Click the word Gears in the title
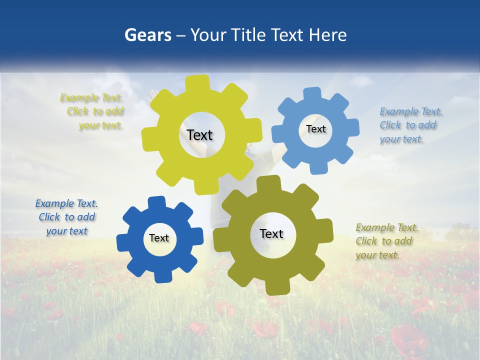coord(147,35)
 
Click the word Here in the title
coord(327,35)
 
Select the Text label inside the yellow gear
coord(199,135)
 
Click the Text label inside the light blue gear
coord(315,129)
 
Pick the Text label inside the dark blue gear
coord(159,238)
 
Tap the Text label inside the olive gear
coord(271,233)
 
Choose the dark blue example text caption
coord(66,217)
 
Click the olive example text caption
coord(386,241)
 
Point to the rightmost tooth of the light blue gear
coord(352,127)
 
